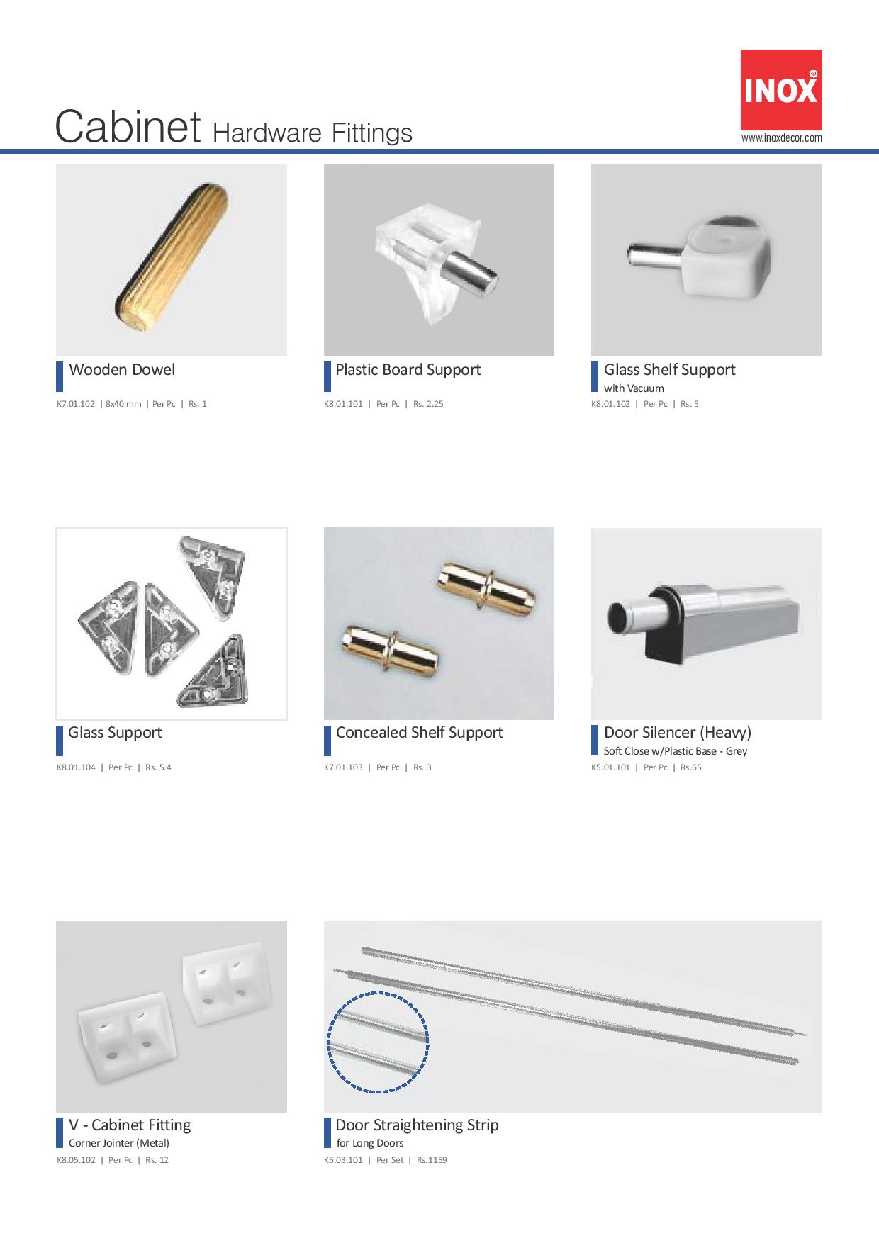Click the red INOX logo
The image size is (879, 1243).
[781, 89]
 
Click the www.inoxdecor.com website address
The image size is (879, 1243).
[781, 138]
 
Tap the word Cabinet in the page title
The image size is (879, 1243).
[128, 128]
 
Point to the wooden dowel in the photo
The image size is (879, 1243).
[171, 260]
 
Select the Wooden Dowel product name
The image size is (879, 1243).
[122, 369]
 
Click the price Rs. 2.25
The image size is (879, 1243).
[428, 404]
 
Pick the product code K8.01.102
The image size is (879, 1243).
[610, 404]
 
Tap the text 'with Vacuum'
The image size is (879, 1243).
[634, 388]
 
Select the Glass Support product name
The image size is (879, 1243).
[115, 732]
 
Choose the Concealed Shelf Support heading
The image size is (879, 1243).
[419, 732]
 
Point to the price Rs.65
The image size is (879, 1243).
[691, 767]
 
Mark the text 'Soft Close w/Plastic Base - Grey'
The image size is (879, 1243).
[676, 751]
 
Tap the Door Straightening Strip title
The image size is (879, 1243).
[417, 1125]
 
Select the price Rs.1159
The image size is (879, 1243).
[432, 1160]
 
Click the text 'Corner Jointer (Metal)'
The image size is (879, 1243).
[119, 1143]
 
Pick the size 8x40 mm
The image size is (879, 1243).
[123, 404]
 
